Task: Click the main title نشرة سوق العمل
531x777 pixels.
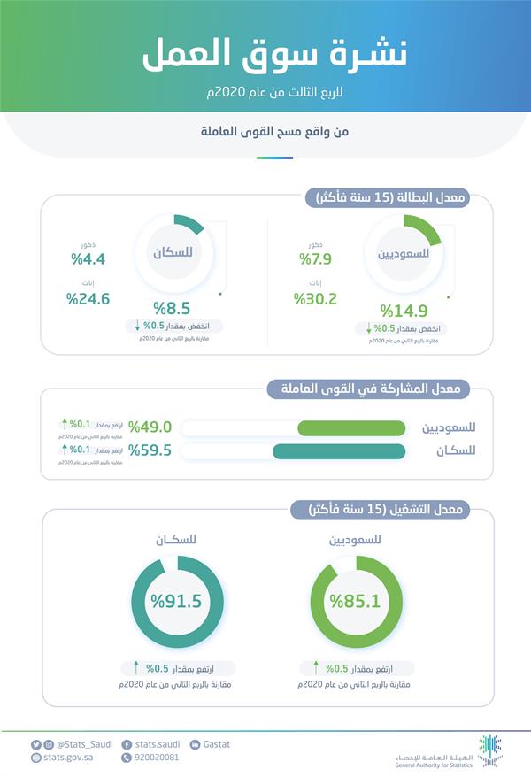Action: click(265, 55)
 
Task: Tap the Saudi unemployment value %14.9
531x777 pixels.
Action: click(404, 311)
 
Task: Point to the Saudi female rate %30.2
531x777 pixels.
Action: click(315, 298)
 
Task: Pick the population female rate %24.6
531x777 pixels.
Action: click(88, 298)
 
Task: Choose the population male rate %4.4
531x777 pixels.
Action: click(88, 259)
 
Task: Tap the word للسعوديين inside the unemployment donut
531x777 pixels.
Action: click(404, 253)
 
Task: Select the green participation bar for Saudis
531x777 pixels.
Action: click(351, 428)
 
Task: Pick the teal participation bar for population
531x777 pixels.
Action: click(338, 451)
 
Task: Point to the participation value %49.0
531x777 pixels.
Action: click(150, 427)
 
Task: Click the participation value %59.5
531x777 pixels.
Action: click(150, 450)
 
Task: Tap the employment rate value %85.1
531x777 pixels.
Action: click(356, 602)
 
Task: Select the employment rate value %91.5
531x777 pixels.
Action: click(176, 602)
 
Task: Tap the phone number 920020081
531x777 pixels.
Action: click(156, 758)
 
